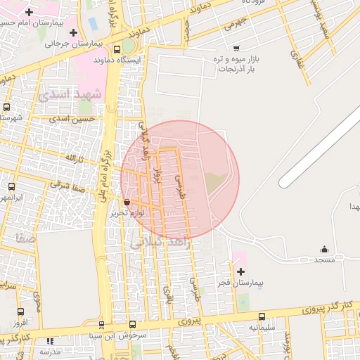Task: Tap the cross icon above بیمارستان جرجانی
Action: click(74, 32)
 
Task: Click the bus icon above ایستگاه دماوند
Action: click(117, 49)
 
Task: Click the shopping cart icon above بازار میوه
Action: click(236, 48)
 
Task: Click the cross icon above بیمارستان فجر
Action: click(241, 271)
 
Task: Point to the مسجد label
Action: click(324, 260)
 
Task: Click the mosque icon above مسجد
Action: click(324, 249)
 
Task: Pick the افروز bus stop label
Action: click(20, 322)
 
